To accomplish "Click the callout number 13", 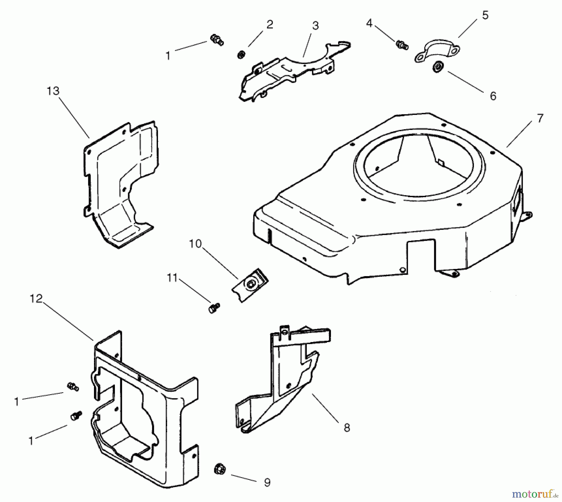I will [x=53, y=91].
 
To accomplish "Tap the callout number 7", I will [x=540, y=118].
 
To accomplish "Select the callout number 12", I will [x=36, y=299].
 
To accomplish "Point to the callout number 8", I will [x=347, y=428].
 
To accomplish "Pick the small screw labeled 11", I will [x=214, y=308].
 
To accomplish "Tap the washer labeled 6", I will [x=437, y=67].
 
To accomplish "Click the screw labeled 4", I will [x=402, y=45].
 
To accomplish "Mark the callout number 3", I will [x=315, y=26].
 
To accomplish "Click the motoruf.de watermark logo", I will [x=535, y=494].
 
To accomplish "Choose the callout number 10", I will [x=195, y=244].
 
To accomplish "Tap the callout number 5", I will [x=485, y=15].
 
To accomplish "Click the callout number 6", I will [x=493, y=96].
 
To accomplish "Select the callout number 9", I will [x=267, y=483].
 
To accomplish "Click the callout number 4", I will [x=369, y=23].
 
